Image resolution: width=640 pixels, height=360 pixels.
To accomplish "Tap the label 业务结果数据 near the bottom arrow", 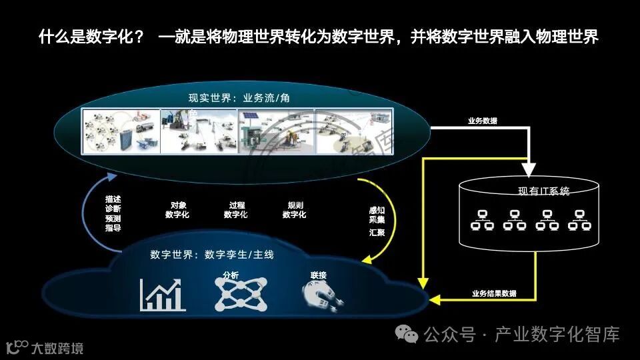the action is (x=493, y=293).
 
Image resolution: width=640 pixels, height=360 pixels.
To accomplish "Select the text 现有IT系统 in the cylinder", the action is (x=543, y=191).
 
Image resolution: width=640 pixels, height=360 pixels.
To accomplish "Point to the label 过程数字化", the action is (x=235, y=210).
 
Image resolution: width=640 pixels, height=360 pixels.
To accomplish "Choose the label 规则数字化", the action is (x=294, y=210).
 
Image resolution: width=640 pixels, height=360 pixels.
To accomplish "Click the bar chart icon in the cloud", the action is (x=162, y=295).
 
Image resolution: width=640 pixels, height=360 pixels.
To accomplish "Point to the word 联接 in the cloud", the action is (x=318, y=275).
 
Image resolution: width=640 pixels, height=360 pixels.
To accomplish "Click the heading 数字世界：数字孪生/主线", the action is (x=212, y=255).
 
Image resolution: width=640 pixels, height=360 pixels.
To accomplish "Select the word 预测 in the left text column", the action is (x=113, y=218).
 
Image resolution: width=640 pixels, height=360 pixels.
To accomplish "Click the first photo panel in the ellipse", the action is (x=121, y=131).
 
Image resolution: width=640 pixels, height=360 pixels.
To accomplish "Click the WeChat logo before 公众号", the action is (x=407, y=334).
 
